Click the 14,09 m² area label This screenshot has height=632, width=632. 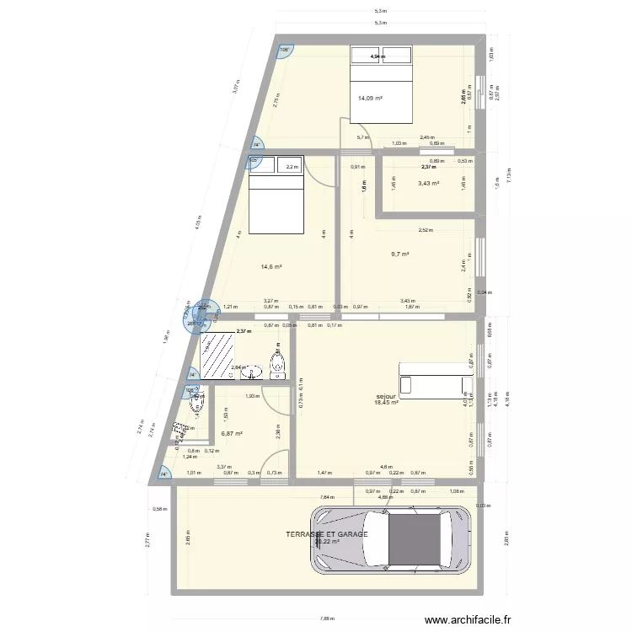370,99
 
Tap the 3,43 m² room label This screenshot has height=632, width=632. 428,183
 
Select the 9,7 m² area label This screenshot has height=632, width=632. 399,254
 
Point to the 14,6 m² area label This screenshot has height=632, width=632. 270,267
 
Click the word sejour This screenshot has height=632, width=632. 387,396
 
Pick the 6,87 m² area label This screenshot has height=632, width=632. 232,434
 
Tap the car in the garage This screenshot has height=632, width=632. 391,540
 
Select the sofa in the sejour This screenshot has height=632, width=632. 436,384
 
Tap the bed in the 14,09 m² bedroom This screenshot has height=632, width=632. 381,83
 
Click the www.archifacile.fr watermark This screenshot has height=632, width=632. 469,619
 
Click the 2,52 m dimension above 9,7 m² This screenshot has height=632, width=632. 426,229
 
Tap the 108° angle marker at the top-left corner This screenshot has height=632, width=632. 285,50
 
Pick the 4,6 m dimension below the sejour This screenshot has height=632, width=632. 385,467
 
